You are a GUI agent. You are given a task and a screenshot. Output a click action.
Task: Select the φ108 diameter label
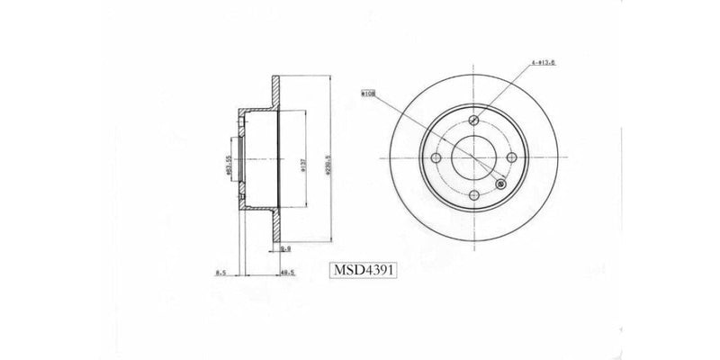click(x=367, y=91)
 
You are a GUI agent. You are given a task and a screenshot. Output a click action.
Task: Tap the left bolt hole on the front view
click(x=436, y=158)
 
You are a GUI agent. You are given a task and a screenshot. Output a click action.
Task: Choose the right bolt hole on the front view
click(x=514, y=158)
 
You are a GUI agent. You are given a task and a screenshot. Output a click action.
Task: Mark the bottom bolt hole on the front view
click(x=475, y=198)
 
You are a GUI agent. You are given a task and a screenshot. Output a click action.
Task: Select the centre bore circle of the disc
click(x=475, y=158)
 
